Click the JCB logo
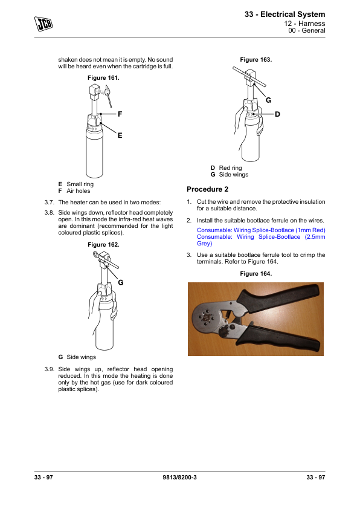[x=43, y=24]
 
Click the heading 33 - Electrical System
[x=284, y=15]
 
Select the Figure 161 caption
[x=103, y=78]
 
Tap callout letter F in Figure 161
[x=120, y=114]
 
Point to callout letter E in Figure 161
[x=120, y=135]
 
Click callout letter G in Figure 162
[x=121, y=282]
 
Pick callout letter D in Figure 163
[x=277, y=114]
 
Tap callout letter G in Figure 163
[x=268, y=100]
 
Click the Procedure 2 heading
[x=208, y=189]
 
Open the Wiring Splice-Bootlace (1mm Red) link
[x=261, y=230]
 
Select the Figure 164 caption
[x=256, y=274]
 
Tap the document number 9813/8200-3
[x=179, y=477]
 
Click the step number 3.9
[x=50, y=369]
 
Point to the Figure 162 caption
[x=103, y=245]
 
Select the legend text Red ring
[x=230, y=168]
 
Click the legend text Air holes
[x=79, y=191]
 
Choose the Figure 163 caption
[x=256, y=60]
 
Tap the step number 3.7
[x=50, y=203]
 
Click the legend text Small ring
[x=80, y=184]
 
